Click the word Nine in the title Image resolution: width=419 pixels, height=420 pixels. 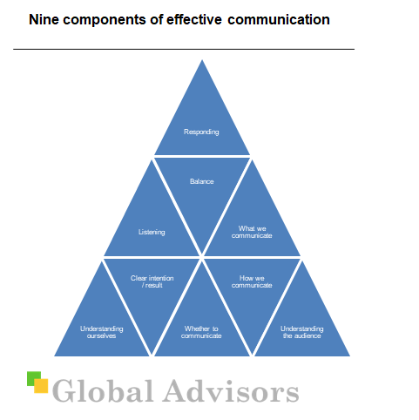pos(44,20)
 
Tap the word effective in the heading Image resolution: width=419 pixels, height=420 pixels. pos(194,20)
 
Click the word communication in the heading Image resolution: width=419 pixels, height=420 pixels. pos(279,20)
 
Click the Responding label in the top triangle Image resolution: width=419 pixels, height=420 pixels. pos(201,132)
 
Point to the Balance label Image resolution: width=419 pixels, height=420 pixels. pos(202,181)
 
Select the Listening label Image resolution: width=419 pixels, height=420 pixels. pos(152,232)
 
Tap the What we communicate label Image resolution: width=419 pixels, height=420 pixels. pos(252,232)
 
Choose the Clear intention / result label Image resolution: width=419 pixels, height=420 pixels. pos(152,281)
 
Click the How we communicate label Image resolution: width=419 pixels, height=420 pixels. pos(252,281)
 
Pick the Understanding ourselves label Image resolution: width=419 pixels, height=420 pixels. pos(101,332)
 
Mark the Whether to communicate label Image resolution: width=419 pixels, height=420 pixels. pos(201,332)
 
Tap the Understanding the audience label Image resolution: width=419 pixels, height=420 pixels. pos(302,332)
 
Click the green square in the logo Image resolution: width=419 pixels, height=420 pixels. pos(31,377)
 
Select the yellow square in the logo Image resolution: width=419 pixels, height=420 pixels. pos(41,386)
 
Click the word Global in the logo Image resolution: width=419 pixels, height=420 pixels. pos(103,391)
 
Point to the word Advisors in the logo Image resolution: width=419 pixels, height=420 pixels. pos(232,391)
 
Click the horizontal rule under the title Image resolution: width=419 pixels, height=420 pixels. pos(184,50)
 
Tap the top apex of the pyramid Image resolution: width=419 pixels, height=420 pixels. pos(202,60)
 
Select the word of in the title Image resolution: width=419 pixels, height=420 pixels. pos(156,20)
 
